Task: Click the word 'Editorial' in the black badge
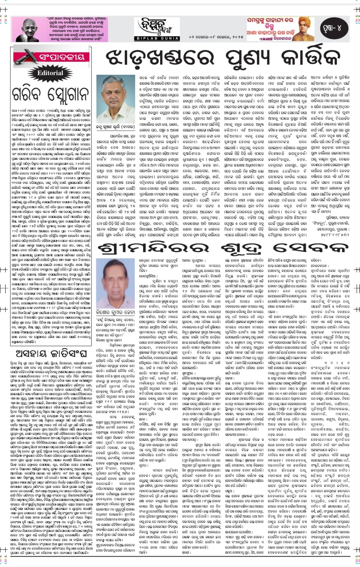click(x=50, y=73)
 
